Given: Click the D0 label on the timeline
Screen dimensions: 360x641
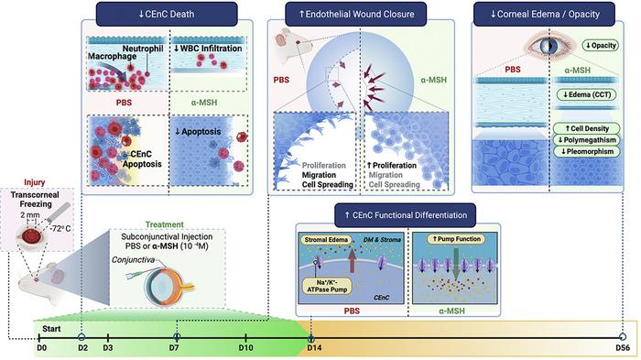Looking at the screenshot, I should (x=40, y=349).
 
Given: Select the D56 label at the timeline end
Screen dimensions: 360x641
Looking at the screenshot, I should (x=623, y=349).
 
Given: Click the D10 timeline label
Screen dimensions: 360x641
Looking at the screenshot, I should (x=245, y=349).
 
